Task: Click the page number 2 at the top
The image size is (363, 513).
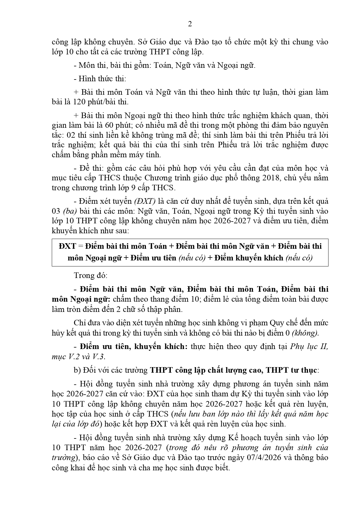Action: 190,24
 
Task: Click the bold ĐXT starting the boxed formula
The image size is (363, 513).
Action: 67,246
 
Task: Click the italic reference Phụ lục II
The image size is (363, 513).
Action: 309,346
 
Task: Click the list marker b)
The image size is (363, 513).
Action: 77,370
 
